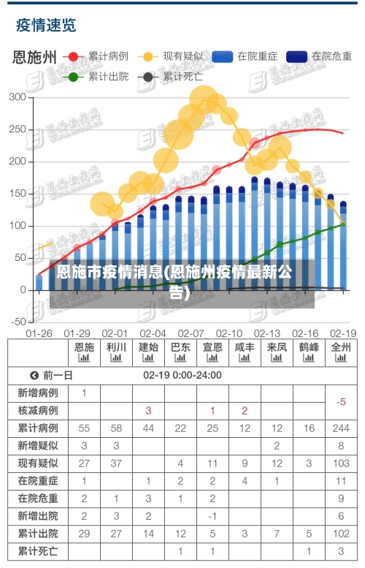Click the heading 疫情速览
pos(46,26)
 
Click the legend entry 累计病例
pos(108,56)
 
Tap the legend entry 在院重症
pos(257,56)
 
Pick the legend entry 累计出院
pos(108,75)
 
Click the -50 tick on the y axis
pos(16,322)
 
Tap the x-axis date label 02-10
pos(229,333)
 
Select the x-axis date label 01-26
pos(39,333)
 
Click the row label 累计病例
pos(38,428)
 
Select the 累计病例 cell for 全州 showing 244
pos(341,428)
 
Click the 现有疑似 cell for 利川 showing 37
pos(116,463)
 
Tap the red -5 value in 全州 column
pos(341,401)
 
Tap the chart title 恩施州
pos(34,58)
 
